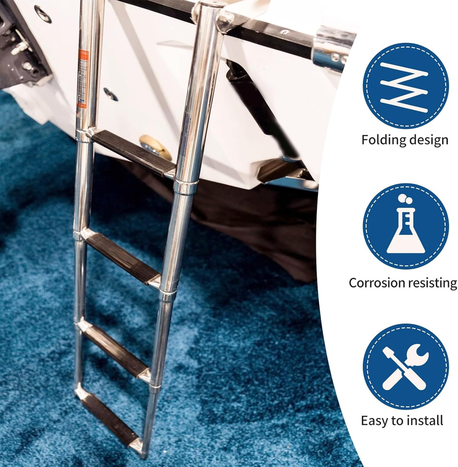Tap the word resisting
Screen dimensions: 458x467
(429, 283)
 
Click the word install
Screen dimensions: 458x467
(425, 420)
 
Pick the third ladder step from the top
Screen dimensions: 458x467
(116, 350)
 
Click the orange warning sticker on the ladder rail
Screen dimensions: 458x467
(83, 79)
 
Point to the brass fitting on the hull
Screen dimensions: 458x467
(155, 147)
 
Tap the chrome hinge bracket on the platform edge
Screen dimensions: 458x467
(333, 51)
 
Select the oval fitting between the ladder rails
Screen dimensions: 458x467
(110, 94)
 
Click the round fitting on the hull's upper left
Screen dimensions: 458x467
(43, 14)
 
